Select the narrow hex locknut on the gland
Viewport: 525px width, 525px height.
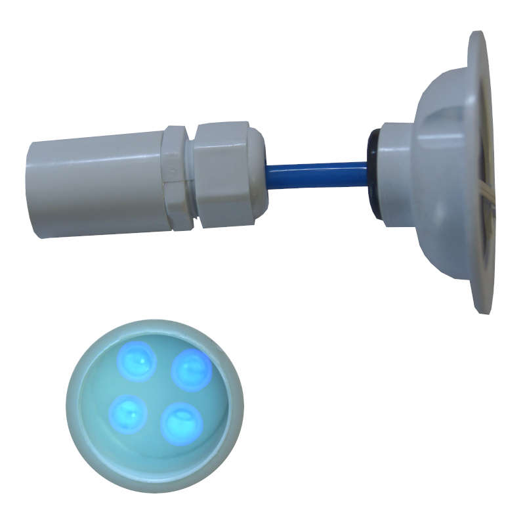coord(177,177)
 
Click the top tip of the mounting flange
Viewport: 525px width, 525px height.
coord(478,34)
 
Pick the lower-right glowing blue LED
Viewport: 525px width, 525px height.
coord(181,423)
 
